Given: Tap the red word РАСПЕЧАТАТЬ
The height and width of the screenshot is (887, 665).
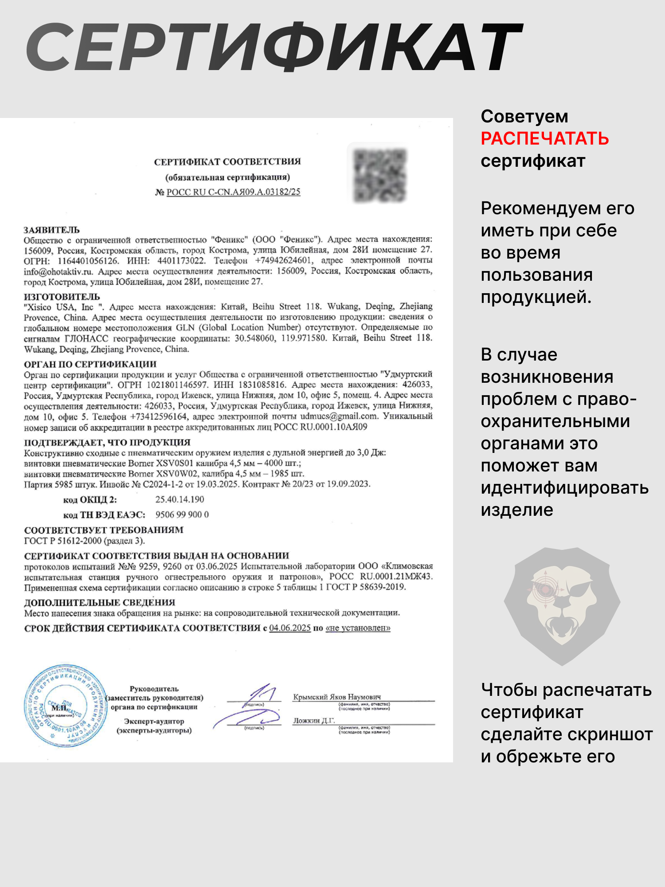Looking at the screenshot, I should click(545, 139).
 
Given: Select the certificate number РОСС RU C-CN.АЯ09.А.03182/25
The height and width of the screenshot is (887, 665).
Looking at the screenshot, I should click(233, 192).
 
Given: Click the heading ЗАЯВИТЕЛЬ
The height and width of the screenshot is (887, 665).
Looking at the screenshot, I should click(52, 230).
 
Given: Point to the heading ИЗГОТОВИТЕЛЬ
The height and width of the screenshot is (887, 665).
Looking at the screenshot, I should click(62, 296).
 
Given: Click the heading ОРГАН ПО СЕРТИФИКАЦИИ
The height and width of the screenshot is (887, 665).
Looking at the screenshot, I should click(90, 364).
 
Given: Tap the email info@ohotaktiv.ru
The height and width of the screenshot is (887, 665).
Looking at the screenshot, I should click(58, 271).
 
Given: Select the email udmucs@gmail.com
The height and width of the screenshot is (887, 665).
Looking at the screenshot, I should click(339, 416).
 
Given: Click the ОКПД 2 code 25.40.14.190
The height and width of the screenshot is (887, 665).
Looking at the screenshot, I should click(180, 499).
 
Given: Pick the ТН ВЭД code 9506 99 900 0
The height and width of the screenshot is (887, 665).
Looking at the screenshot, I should click(182, 514).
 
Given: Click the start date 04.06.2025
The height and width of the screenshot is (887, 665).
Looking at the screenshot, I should click(290, 628).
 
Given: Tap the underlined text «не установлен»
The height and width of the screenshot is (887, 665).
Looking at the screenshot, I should click(358, 628).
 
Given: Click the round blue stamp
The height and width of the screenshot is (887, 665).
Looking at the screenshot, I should click(65, 706).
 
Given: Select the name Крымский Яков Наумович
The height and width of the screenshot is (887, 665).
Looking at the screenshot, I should click(337, 697).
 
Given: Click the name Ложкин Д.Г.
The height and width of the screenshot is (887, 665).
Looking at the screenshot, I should click(314, 720).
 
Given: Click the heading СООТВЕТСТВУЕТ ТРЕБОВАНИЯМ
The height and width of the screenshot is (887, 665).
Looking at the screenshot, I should click(104, 530).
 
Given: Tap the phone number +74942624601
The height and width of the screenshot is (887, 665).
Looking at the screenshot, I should click(283, 260).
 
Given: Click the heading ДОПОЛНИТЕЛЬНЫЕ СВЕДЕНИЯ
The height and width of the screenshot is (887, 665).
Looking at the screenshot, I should click(100, 602).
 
